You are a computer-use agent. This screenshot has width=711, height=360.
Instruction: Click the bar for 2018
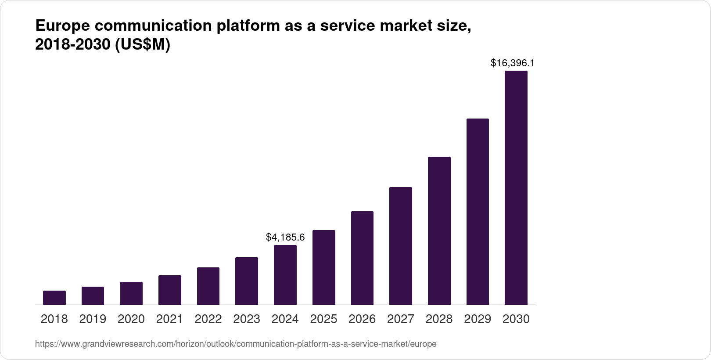[x=54, y=298]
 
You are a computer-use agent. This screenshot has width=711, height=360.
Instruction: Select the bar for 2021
[x=170, y=290]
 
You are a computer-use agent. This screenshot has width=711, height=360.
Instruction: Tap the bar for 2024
[x=285, y=275]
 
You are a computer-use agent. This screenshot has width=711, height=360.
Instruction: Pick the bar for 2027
[x=401, y=246]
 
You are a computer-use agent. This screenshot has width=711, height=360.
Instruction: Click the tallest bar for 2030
[x=516, y=188]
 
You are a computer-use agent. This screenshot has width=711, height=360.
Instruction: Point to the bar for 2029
[x=478, y=212]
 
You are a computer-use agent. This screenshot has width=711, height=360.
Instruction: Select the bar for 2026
[x=362, y=258]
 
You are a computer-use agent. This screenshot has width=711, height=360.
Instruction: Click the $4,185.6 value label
[x=285, y=238]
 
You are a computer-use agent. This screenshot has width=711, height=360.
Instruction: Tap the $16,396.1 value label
[x=513, y=63]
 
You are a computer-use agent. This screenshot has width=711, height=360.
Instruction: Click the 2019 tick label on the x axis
[x=93, y=319]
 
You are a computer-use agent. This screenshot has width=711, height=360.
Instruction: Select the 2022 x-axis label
[x=208, y=319]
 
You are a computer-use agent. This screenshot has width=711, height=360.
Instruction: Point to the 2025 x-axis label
[x=323, y=319]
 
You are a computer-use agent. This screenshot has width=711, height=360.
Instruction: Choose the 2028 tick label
[x=439, y=319]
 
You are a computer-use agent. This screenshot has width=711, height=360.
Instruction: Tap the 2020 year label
[x=131, y=319]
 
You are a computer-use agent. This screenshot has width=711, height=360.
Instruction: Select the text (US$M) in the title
[x=142, y=45]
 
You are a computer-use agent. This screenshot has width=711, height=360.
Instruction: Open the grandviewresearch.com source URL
[x=236, y=344]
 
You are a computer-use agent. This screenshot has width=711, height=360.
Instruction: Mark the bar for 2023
[x=247, y=281]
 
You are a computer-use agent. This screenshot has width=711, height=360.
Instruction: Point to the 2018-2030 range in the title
[x=72, y=45]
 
